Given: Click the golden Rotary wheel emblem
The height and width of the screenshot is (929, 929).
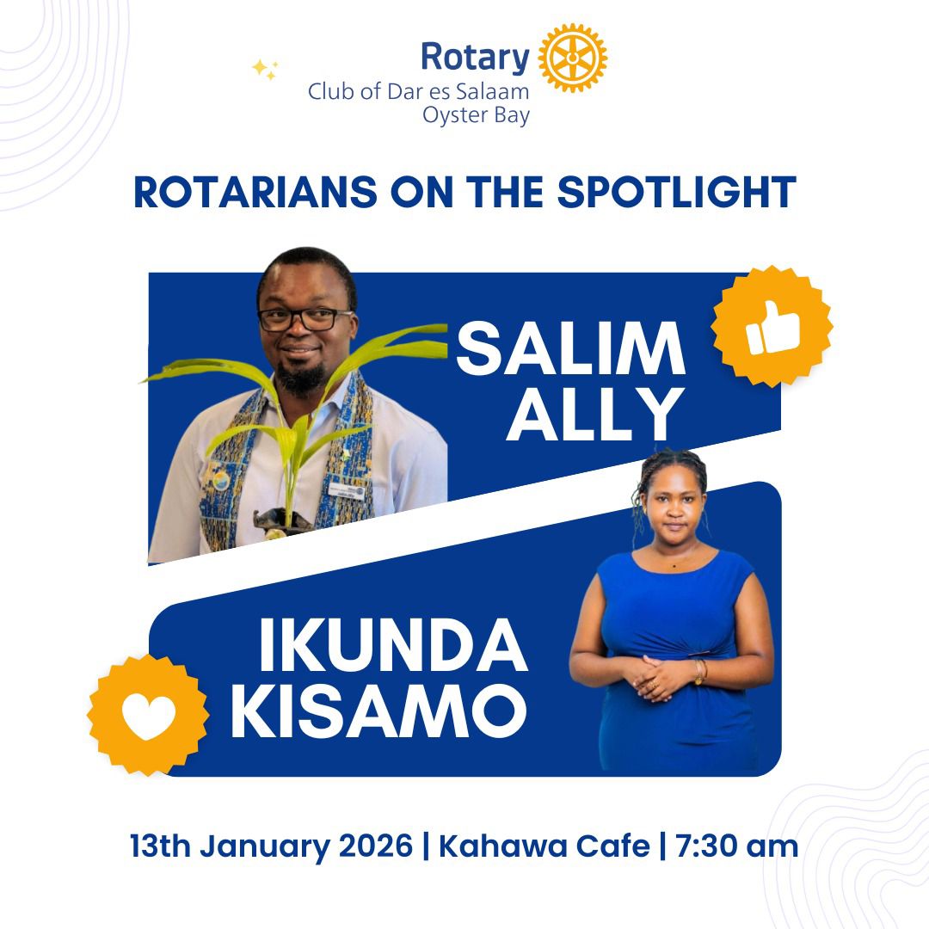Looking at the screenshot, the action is [x=572, y=58].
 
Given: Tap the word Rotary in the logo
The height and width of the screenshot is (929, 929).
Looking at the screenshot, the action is [x=475, y=58].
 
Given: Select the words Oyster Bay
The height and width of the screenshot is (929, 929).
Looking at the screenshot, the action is [x=476, y=115].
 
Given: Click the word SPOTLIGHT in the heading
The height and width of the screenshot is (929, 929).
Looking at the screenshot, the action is [x=676, y=192].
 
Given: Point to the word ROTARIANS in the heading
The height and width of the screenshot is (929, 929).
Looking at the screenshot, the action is [x=255, y=192].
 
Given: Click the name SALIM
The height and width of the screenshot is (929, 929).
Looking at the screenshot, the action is [x=570, y=348].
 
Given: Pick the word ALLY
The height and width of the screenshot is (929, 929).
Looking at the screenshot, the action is [x=595, y=414].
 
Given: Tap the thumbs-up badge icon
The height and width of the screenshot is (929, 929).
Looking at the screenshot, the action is [x=772, y=327].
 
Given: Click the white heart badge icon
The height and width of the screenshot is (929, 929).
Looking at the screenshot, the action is [x=148, y=715].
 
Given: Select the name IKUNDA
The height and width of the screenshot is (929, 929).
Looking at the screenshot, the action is [x=393, y=644].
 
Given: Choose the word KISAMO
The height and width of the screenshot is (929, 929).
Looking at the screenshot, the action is [x=379, y=711].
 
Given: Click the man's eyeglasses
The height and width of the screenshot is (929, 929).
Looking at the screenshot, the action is [x=305, y=319].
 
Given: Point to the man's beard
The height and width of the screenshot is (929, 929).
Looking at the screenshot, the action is [x=302, y=377].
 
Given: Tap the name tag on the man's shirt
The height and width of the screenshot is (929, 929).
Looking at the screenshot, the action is [x=347, y=490].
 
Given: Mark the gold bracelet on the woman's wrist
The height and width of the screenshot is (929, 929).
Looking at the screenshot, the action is [x=700, y=672].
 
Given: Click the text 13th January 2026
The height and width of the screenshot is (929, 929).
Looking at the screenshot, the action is [x=271, y=846].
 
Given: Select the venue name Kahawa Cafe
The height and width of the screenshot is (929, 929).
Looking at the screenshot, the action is [x=544, y=846].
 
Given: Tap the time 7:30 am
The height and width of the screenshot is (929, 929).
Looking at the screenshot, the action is [x=736, y=846].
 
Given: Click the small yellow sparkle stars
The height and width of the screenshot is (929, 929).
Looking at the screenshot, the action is [x=265, y=70].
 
